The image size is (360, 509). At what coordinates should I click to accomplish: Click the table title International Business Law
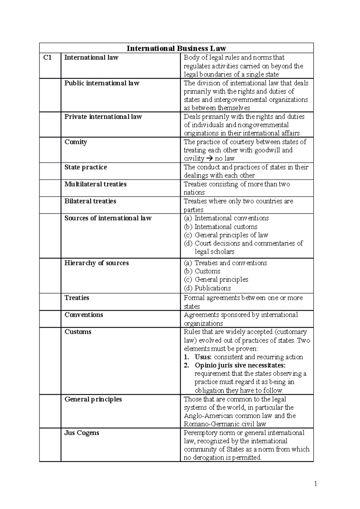tap(176, 48)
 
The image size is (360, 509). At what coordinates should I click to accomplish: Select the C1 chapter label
tap(47, 57)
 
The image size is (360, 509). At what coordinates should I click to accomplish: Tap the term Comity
tap(76, 142)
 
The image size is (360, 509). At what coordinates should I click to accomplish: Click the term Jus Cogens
tap(82, 433)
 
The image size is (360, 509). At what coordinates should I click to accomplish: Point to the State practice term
tap(85, 167)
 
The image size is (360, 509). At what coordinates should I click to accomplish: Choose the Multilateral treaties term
tap(95, 184)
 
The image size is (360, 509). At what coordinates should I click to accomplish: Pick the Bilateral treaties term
tap(90, 201)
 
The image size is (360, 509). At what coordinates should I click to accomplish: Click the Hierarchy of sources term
tap(96, 263)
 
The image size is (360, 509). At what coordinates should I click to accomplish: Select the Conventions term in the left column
tap(84, 315)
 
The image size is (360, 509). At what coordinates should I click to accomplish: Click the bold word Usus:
tap(203, 357)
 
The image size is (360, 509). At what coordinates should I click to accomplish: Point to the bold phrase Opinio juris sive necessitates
tap(240, 365)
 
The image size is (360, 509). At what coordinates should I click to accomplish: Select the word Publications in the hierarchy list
tap(213, 288)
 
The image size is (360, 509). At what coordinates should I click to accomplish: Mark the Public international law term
tap(102, 83)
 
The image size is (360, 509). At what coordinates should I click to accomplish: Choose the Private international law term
tap(103, 117)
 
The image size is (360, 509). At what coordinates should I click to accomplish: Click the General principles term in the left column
tap(93, 399)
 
